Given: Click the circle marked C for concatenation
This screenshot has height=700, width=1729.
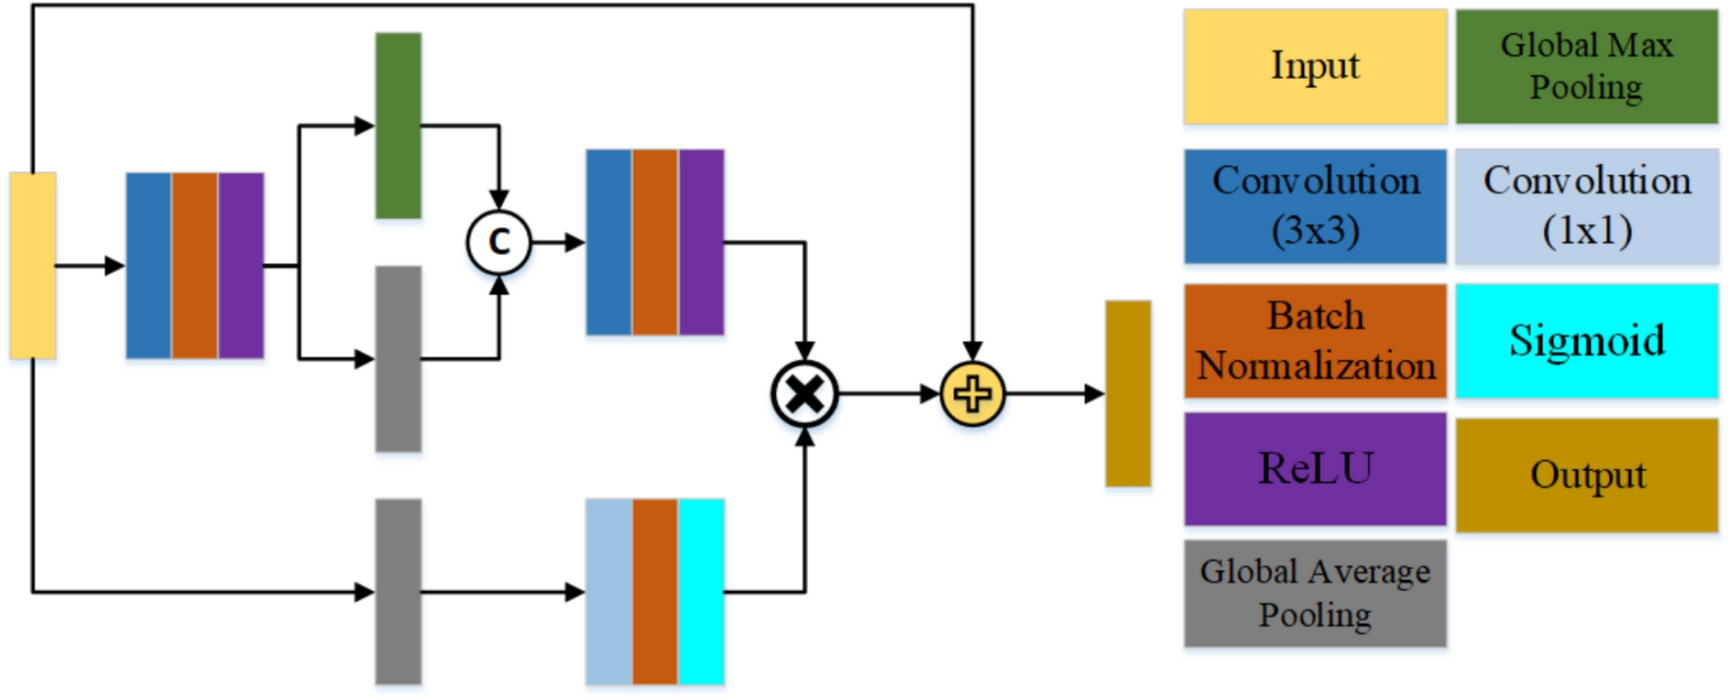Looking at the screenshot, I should [x=498, y=243].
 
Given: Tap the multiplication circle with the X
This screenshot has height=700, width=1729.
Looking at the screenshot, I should [x=804, y=395].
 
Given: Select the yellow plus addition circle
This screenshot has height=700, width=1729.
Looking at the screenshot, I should [x=972, y=395].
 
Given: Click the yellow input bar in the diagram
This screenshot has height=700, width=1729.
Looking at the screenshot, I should [x=33, y=266].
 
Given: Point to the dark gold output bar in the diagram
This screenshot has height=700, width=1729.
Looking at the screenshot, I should [x=1128, y=394].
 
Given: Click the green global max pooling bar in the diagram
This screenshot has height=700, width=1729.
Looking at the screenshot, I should [x=399, y=126].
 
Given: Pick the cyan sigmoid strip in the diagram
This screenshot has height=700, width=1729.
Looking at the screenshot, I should [x=702, y=592].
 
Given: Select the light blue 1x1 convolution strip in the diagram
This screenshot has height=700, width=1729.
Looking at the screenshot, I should [x=608, y=592].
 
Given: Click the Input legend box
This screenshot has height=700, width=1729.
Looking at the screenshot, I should [x=1315, y=67].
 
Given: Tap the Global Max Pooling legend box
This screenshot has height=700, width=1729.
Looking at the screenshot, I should [x=1586, y=67].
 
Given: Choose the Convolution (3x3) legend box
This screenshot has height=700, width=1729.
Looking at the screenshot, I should [x=1315, y=206].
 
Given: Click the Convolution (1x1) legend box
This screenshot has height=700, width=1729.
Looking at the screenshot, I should [x=1586, y=206].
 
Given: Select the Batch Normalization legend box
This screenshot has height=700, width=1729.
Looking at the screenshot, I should [x=1315, y=341].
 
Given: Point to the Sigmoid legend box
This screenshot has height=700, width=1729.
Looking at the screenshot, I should [x=1586, y=341].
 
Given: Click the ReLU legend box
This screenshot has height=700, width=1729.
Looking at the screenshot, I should [x=1315, y=469].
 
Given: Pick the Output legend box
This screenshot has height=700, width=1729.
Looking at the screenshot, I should [x=1586, y=475].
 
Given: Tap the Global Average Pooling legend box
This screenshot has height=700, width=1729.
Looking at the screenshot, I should [x=1315, y=594].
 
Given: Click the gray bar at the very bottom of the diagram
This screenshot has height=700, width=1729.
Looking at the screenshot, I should [x=399, y=592].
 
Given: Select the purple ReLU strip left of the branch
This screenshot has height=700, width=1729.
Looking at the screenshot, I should [x=241, y=266].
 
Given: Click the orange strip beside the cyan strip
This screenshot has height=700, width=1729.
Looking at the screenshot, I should [x=655, y=592].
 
